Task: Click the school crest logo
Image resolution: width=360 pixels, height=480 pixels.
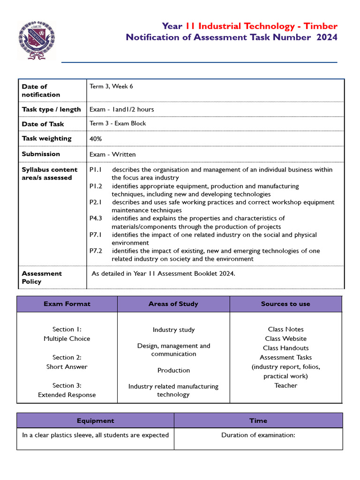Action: tap(36, 40)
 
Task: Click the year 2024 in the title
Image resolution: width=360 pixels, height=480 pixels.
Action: tap(327, 37)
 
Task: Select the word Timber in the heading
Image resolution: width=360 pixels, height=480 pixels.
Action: tap(319, 26)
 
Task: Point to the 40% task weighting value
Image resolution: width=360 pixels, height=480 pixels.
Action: tap(96, 139)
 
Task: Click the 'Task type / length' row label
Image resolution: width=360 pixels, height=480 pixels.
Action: tap(51, 109)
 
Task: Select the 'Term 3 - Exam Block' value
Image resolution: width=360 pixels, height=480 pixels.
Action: tap(118, 123)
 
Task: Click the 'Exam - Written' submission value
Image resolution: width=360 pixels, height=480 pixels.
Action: tap(112, 154)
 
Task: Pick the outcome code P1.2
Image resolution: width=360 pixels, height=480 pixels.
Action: tap(96, 186)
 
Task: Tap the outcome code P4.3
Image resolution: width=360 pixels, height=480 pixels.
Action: tap(96, 218)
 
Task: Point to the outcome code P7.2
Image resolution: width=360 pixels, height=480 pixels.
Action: tap(96, 251)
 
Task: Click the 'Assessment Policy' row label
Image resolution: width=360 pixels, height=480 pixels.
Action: tap(42, 277)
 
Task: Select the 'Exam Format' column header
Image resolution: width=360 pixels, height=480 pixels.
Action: tap(67, 304)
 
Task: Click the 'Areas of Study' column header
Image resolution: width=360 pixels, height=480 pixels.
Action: tap(173, 304)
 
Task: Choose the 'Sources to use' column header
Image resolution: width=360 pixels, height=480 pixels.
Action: tap(285, 304)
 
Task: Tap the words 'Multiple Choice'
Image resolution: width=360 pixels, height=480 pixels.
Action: tap(67, 338)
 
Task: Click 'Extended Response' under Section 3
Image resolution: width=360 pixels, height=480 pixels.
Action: tap(67, 395)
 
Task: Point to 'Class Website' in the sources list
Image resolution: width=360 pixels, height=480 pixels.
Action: tap(285, 338)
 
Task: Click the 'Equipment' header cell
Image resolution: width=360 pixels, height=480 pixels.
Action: tap(96, 420)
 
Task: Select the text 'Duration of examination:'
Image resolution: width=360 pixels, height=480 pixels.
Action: tap(258, 435)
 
